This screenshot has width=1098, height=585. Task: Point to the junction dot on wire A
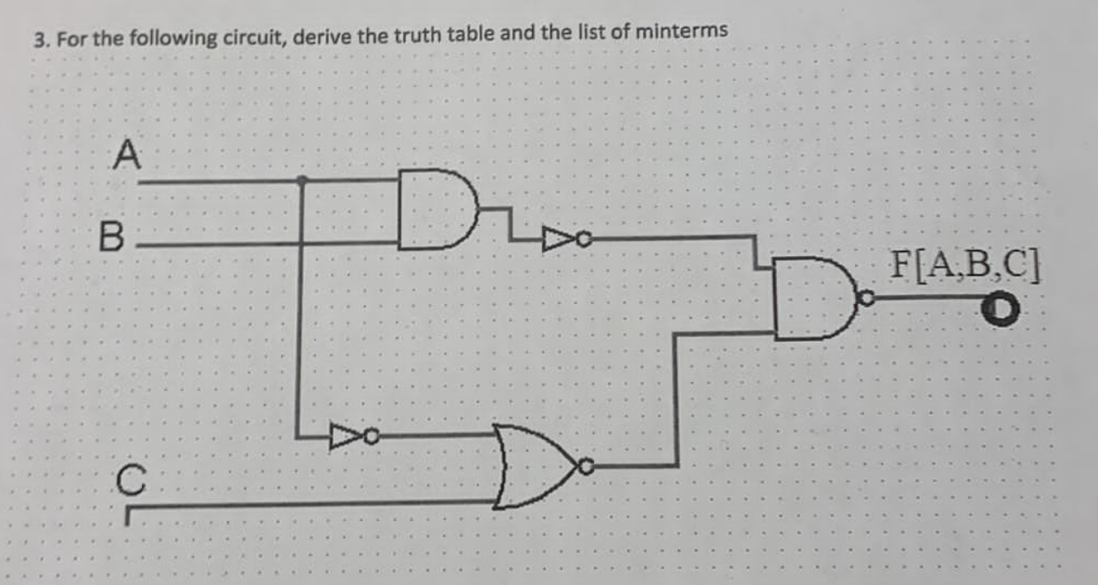tap(302, 181)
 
